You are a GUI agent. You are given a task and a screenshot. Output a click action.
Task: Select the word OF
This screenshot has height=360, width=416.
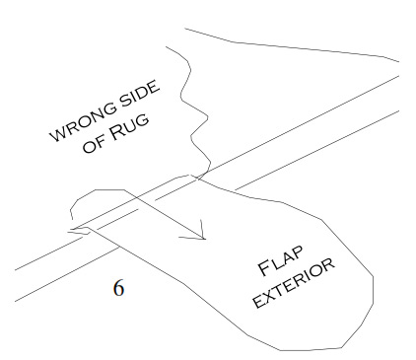click(93, 144)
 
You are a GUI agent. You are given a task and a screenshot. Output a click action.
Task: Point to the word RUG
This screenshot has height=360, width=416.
click(127, 127)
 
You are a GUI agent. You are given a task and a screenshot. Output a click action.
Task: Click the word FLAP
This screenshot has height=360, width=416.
click(280, 260)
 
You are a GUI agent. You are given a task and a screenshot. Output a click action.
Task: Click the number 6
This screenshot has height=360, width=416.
click(118, 288)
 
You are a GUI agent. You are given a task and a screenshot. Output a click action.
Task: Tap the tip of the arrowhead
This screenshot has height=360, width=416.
click(205, 239)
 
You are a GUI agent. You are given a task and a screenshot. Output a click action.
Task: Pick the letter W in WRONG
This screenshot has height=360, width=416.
click(58, 133)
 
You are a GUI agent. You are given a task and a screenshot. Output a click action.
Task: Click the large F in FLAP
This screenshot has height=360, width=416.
click(264, 268)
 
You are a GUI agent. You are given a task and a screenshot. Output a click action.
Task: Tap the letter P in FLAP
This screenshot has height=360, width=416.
click(297, 252)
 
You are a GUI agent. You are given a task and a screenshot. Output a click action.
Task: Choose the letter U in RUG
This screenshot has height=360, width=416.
click(131, 126)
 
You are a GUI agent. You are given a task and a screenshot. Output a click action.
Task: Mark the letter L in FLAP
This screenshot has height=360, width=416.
click(275, 263)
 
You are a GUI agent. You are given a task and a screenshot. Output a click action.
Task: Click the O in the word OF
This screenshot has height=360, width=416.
click(89, 147)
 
